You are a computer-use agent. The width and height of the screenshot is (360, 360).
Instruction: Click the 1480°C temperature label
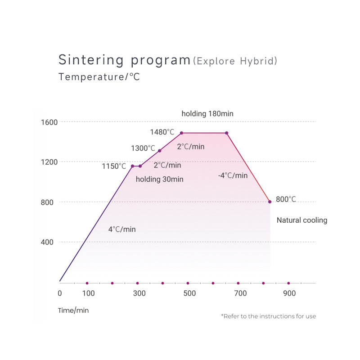coord(162,132)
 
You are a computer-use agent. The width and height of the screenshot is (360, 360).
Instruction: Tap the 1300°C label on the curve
coord(143,148)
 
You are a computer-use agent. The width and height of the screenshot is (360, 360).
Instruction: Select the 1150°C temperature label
coord(114,166)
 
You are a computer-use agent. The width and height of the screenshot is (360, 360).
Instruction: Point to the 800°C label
coord(286,199)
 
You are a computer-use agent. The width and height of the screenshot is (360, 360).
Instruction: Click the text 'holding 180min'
coord(207,114)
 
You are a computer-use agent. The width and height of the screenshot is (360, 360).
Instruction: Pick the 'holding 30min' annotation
coord(160,179)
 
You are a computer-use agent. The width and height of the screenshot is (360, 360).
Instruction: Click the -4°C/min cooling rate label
coord(233,175)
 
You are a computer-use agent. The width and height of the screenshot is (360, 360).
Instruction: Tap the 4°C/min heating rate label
coord(122,229)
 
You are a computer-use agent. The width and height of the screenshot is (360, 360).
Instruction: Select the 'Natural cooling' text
coord(301,220)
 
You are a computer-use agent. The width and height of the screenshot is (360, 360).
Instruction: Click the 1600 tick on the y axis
coord(49,122)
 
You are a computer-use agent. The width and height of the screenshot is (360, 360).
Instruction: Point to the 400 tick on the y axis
coord(47,242)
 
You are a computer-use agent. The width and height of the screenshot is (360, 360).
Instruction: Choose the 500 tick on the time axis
coord(190,293)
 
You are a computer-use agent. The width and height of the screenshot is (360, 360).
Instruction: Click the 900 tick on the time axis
coord(289,293)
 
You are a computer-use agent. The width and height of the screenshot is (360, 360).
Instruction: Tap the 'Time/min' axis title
coord(73,310)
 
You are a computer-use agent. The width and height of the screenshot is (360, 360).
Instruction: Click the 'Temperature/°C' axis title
coord(99,77)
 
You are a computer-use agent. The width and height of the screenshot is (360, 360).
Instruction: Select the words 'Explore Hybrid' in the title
coord(235,61)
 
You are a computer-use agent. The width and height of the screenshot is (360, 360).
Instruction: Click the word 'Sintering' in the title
coord(91,60)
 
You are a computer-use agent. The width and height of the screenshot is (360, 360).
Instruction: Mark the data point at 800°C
coord(270,202)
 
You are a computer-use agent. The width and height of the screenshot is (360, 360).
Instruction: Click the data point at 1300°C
coord(160,151)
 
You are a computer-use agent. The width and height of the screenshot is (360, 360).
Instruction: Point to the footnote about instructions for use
coord(268,316)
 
